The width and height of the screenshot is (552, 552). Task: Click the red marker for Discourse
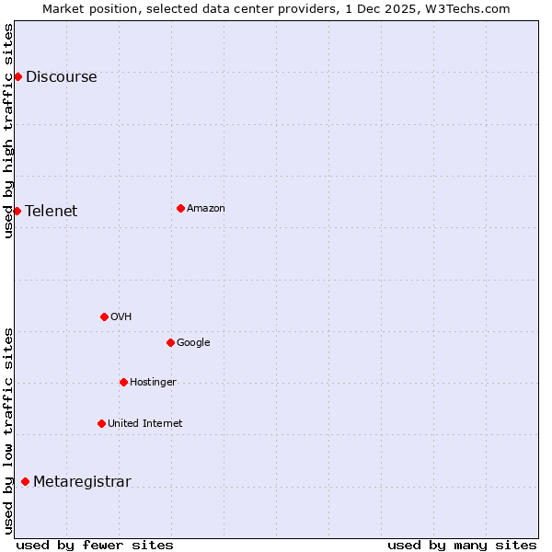tap(17, 76)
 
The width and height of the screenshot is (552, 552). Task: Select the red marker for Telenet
tap(17, 211)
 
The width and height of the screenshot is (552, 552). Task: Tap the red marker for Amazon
tap(180, 208)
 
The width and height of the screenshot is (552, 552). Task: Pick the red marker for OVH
tap(104, 316)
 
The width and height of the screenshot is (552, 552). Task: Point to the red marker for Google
tap(170, 342)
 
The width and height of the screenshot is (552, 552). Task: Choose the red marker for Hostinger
tap(123, 382)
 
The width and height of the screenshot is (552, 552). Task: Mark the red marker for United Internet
tap(101, 423)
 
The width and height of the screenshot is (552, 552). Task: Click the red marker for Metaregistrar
tap(25, 481)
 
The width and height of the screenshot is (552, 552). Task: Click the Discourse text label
tap(61, 77)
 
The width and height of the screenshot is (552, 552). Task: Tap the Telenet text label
tap(52, 212)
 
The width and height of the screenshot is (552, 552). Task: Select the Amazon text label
tap(206, 209)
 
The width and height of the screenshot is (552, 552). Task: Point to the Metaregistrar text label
tap(82, 482)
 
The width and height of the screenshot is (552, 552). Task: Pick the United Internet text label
tap(144, 424)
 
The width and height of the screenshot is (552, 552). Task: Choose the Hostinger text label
tap(153, 383)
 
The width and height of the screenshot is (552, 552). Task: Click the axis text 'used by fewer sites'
tap(95, 546)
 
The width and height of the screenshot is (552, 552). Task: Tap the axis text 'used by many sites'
tap(462, 546)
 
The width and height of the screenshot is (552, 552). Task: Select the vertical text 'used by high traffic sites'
tap(8, 131)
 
